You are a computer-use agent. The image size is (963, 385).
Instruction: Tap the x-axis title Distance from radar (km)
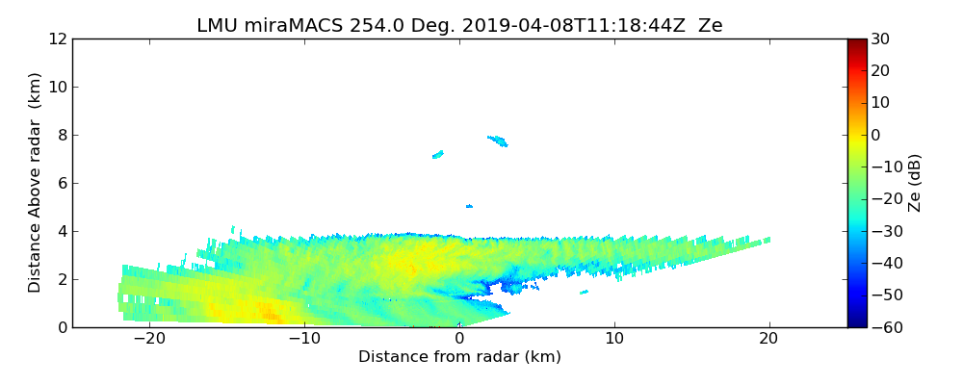[459, 357]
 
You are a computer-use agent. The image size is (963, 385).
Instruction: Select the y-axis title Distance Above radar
[36, 182]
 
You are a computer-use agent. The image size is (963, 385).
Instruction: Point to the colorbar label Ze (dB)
[915, 182]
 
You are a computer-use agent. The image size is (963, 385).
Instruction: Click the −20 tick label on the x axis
[149, 339]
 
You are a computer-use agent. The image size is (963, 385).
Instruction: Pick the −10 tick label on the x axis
[304, 339]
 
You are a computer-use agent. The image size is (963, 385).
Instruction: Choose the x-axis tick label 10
[614, 339]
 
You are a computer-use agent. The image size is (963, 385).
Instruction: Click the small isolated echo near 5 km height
[469, 206]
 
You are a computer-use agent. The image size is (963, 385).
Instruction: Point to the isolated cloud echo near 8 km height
[498, 141]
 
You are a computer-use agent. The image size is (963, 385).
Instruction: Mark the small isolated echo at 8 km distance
[585, 292]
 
